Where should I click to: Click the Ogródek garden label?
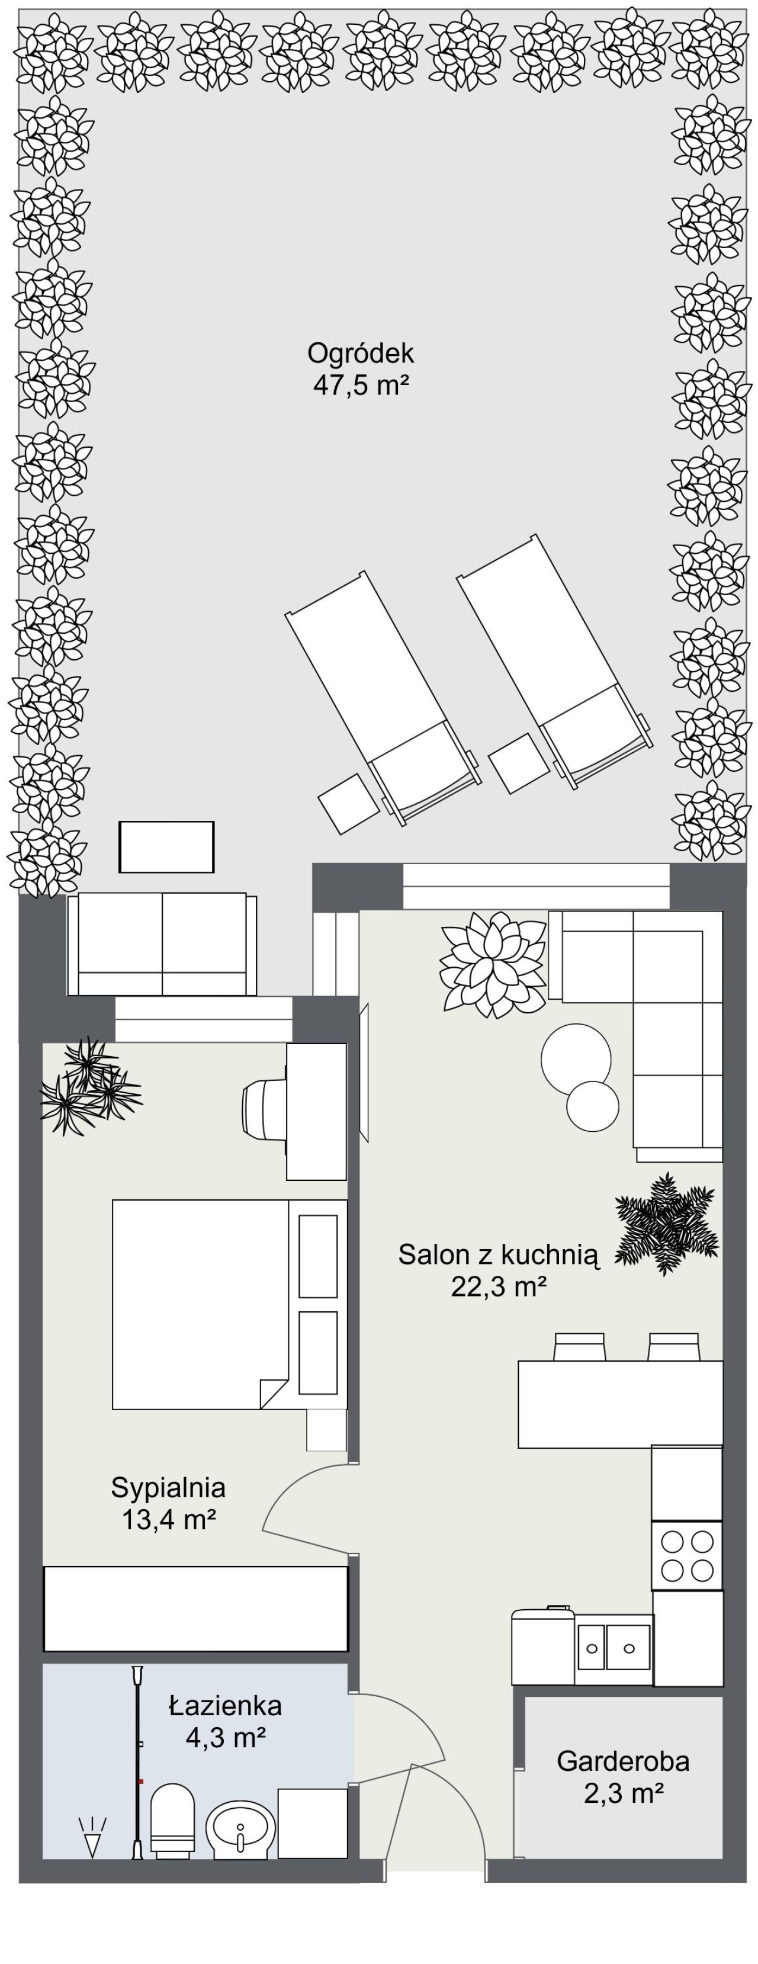coord(361,353)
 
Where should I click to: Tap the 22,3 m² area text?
coord(499,1287)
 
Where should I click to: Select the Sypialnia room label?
coord(169,1487)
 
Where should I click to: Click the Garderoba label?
coord(623,1761)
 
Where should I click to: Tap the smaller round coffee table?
coord(593,1107)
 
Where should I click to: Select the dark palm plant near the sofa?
coord(666,1224)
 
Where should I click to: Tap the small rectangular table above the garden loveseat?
coord(166,846)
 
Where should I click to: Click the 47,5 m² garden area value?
coord(361,385)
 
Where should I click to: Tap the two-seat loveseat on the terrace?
coord(162,945)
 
